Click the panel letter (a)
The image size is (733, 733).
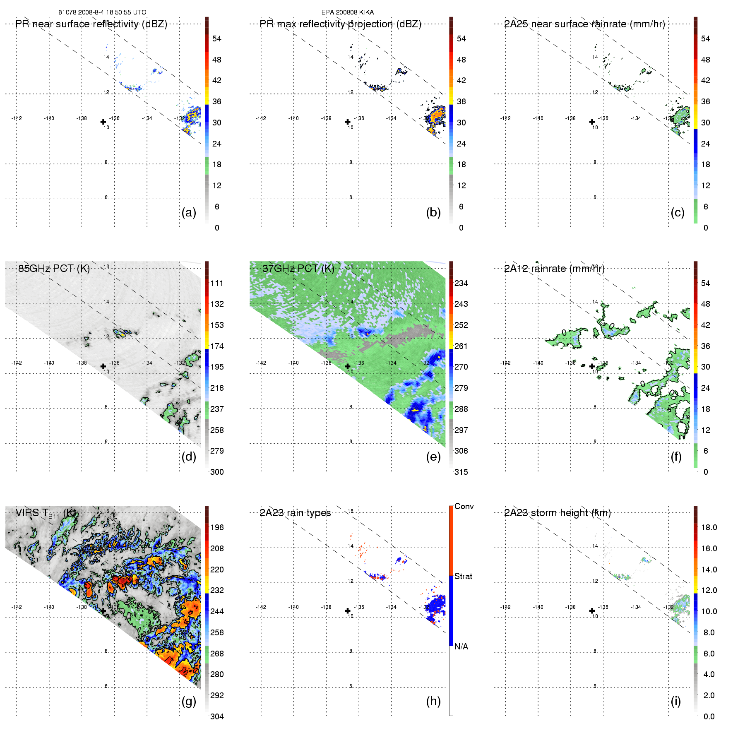[189, 212]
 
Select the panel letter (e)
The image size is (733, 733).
[433, 457]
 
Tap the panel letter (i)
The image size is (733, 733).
[675, 701]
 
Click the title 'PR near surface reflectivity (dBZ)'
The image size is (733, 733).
[91, 24]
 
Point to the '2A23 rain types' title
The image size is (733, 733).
[295, 513]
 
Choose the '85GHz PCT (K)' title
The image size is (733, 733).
[54, 268]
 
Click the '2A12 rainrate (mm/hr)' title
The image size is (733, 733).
[554, 269]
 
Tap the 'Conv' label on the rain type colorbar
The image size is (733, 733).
[464, 506]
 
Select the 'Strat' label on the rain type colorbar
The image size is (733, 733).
[463, 576]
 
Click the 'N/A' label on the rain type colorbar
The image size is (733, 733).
[461, 646]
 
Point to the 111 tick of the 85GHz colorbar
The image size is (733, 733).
[217, 283]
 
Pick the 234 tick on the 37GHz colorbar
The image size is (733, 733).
[461, 283]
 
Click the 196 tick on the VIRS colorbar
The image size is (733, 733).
[217, 527]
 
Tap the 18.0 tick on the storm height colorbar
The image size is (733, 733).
[709, 527]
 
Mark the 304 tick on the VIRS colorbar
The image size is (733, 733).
[217, 716]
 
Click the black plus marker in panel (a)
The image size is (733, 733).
[103, 122]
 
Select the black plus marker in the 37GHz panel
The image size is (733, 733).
[348, 366]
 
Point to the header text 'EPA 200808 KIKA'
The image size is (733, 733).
[348, 12]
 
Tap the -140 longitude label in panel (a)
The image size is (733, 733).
[49, 118]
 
